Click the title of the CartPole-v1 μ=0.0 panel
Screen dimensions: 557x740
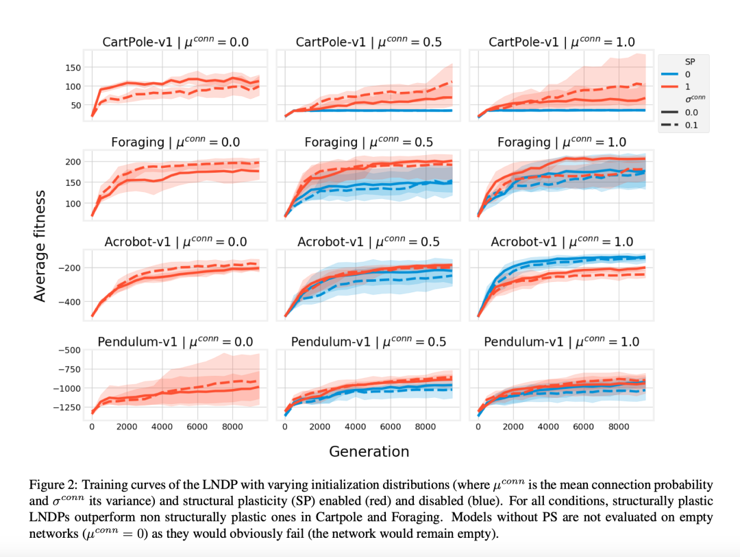[x=175, y=43]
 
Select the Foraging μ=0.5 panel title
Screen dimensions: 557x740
[x=369, y=142]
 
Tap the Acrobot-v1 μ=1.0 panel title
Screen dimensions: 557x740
[x=562, y=242]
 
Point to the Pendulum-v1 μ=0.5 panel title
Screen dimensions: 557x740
[x=369, y=342]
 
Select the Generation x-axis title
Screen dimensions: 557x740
[x=369, y=451]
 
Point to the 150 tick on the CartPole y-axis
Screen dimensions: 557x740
[x=73, y=67]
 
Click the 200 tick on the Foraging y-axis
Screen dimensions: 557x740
[x=73, y=162]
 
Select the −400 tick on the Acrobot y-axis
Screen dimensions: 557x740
[x=70, y=302]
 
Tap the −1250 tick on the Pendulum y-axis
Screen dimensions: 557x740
[x=67, y=407]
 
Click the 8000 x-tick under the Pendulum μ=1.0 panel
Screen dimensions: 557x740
[x=619, y=427]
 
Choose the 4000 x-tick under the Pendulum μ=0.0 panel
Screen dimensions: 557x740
[x=162, y=427]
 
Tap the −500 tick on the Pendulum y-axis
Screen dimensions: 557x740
[x=70, y=350]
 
